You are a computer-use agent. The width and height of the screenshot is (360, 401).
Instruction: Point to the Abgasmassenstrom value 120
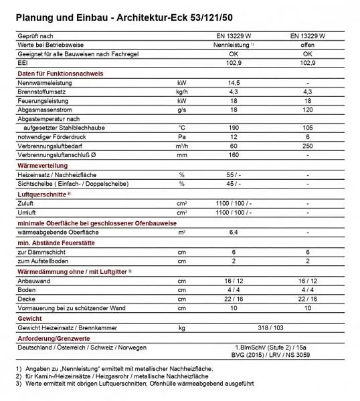[307, 108]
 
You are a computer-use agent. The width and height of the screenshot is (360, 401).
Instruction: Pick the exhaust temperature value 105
[307, 126]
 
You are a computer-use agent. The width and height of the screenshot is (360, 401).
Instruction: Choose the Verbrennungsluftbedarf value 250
[307, 144]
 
